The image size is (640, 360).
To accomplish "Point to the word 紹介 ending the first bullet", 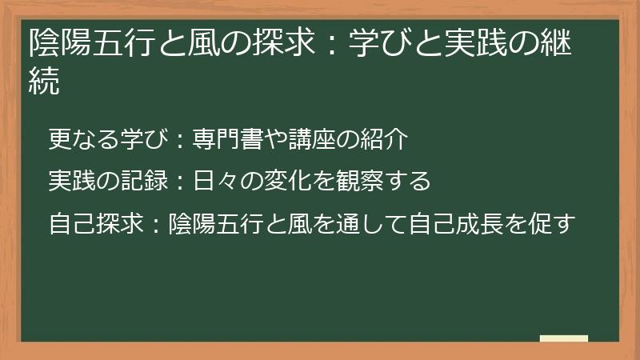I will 391,141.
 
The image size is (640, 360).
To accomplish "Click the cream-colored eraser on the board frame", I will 564,339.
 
